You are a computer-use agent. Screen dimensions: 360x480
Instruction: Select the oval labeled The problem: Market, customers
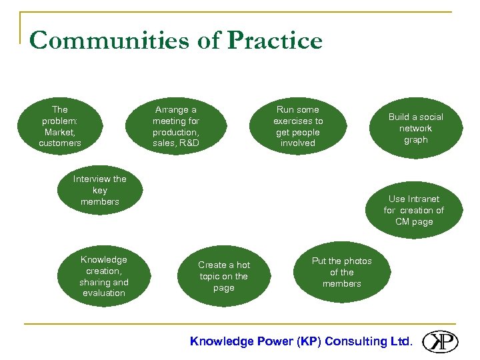60,126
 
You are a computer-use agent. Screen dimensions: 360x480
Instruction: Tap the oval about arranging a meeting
176,126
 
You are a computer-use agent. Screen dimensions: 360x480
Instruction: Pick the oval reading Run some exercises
298,126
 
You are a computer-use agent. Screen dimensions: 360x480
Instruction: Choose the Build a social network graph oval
415,129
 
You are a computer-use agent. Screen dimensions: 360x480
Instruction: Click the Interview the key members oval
100,190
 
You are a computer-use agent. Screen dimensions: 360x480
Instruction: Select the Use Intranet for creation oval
413,210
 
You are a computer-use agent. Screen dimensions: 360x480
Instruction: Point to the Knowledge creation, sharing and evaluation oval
103,276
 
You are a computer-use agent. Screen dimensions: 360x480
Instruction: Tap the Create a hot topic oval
224,276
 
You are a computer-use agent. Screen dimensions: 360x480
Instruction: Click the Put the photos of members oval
341,272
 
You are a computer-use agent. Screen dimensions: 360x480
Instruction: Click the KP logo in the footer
439,341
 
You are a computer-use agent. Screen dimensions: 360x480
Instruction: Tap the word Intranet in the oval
423,199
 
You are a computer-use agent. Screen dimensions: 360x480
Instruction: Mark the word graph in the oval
415,140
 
